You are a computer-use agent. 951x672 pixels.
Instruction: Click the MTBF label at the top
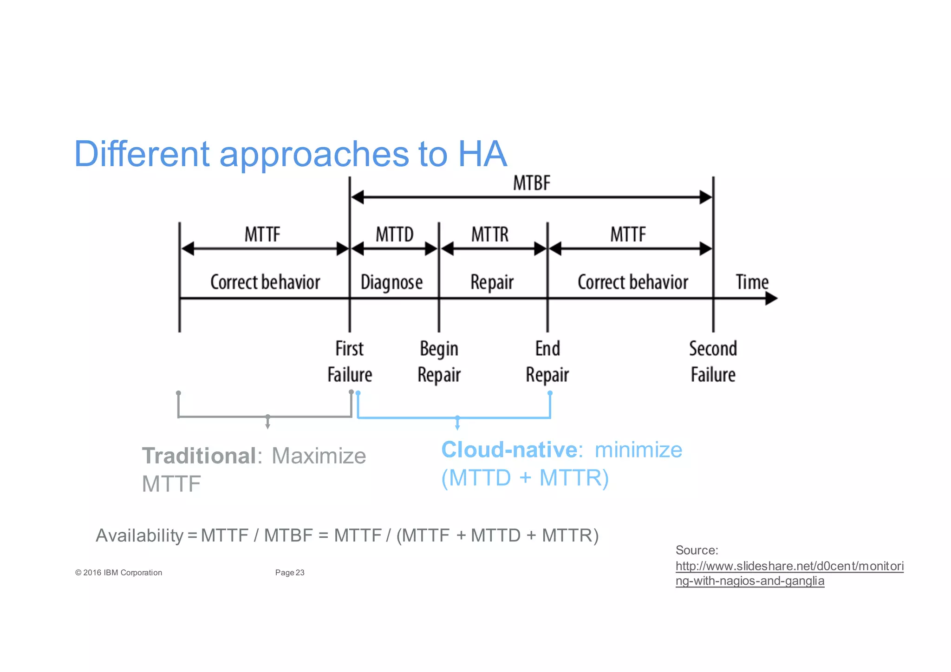[x=531, y=183]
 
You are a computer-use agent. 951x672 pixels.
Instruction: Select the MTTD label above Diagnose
[x=394, y=235]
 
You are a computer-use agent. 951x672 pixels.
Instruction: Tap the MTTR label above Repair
[x=490, y=235]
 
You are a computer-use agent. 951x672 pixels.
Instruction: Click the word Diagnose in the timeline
[x=391, y=282]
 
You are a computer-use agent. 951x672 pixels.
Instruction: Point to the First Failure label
[x=350, y=362]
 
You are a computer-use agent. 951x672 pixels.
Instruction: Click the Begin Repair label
[x=439, y=362]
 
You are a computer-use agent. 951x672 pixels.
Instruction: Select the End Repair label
[x=547, y=362]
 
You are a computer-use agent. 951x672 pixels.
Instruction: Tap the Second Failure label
[x=713, y=362]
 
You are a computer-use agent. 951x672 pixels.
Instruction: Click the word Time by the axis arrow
[x=752, y=282]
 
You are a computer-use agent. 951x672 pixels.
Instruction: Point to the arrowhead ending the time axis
[x=771, y=299]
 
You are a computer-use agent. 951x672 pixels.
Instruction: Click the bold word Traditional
[x=199, y=456]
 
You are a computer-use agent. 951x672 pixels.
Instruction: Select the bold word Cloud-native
[x=509, y=450]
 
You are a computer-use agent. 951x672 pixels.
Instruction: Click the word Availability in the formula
[x=140, y=535]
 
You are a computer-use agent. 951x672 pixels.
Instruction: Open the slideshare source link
[x=789, y=567]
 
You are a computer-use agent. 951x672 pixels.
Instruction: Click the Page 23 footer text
[x=289, y=573]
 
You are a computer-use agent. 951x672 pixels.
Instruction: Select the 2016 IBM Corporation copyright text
[x=118, y=573]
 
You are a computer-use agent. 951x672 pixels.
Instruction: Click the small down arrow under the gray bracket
[x=267, y=424]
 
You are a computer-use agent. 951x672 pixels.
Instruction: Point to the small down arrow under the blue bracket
[x=457, y=425]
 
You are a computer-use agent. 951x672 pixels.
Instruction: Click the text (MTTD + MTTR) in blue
[x=525, y=478]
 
